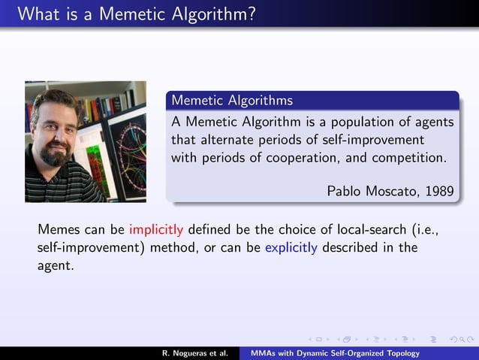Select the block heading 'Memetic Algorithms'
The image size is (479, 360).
(232, 100)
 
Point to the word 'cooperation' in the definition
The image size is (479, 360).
(290, 158)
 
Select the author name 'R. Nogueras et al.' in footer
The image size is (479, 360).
(194, 353)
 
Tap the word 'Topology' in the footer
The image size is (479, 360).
(400, 353)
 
